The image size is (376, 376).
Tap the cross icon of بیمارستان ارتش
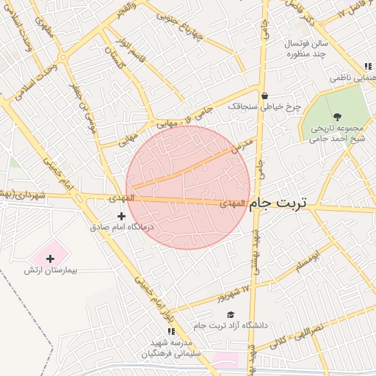click(x=50, y=258)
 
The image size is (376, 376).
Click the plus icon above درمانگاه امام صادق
click(x=121, y=216)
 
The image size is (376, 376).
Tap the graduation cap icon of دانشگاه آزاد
click(x=231, y=314)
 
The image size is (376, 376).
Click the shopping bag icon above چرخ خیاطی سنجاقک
click(x=264, y=95)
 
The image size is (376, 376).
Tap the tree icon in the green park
click(x=337, y=116)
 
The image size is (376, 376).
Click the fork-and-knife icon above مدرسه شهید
click(x=171, y=332)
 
